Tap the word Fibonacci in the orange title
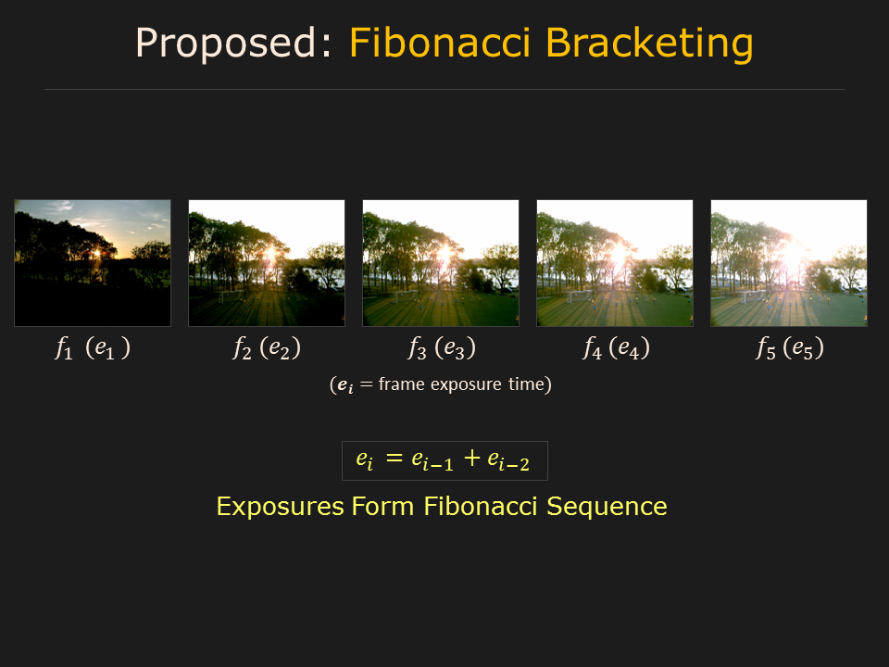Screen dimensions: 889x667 [x=440, y=42]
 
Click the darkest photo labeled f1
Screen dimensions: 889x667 [x=93, y=263]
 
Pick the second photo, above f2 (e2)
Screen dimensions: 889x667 [x=267, y=263]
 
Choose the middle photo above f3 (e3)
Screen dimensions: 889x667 [x=441, y=263]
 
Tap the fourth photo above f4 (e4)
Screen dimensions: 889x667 [x=615, y=263]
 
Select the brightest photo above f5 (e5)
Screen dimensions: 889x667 [x=789, y=263]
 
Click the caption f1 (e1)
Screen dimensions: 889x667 [x=93, y=347]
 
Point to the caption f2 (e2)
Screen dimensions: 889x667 [x=267, y=347]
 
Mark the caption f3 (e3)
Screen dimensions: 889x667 [x=441, y=347]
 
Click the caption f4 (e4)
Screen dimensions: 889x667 [x=616, y=347]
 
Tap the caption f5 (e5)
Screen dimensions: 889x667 [x=790, y=347]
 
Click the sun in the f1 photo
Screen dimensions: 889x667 [x=97, y=253]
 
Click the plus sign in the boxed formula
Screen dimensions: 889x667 [x=471, y=458]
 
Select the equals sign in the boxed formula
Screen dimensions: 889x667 [x=394, y=458]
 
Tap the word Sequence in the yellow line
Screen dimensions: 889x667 [x=607, y=507]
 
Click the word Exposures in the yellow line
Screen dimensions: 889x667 [x=280, y=507]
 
